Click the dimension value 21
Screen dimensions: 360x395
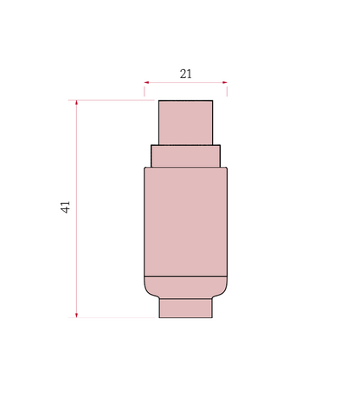185,74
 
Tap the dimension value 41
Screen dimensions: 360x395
66,207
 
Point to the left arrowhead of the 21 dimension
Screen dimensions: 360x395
146,82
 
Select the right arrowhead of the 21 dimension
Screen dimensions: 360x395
225,82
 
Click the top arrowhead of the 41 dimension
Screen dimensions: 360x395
76,103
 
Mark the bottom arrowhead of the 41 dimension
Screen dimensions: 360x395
76,315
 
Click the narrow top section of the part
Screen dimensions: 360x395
186,123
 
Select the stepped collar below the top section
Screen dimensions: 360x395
186,156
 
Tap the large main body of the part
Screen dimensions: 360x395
186,221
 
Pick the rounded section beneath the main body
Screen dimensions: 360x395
186,287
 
